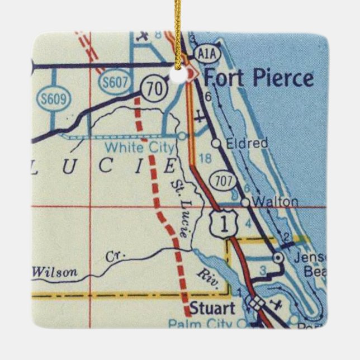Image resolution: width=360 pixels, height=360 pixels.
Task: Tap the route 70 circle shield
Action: click(x=152, y=87)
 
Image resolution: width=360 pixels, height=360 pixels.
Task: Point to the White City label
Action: click(x=140, y=148)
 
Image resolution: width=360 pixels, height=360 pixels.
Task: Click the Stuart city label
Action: click(x=212, y=308)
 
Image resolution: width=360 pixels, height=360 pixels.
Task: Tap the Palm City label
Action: click(x=200, y=323)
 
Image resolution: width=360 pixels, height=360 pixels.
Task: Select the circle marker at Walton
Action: click(x=245, y=201)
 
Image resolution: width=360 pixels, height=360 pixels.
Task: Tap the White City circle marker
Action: click(x=182, y=136)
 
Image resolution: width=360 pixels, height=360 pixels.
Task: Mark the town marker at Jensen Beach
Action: click(x=277, y=258)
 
